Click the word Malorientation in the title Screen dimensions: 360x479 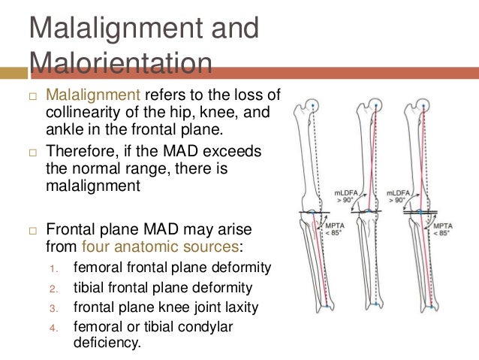[120, 63]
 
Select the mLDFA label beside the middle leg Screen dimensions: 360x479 [344, 193]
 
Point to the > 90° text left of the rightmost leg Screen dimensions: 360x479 [395, 201]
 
